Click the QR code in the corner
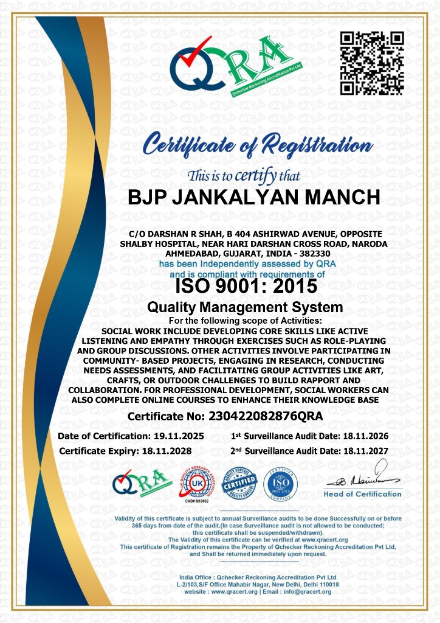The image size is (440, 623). [372, 63]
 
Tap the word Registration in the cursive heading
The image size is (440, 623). [320, 146]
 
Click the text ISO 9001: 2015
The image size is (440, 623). [246, 285]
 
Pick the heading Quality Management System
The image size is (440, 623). [246, 307]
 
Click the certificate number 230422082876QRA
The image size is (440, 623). [265, 416]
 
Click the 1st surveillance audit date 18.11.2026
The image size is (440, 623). [357, 436]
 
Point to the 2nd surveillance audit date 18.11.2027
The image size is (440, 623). [357, 451]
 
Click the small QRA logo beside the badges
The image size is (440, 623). [139, 482]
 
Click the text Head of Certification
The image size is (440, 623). [363, 494]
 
